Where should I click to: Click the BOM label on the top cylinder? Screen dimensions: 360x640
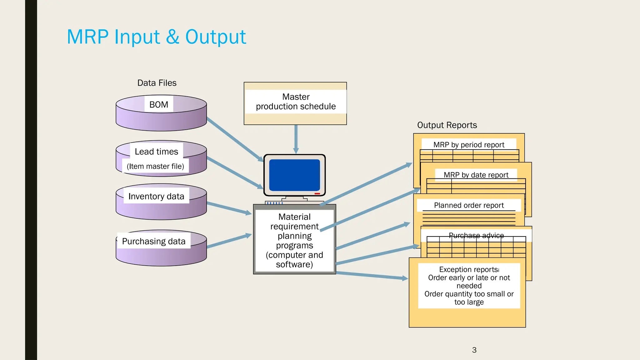[159, 105]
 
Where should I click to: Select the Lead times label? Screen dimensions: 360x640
[156, 152]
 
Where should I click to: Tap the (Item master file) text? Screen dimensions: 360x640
[155, 166]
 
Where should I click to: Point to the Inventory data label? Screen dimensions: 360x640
[156, 196]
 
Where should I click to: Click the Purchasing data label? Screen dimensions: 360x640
[154, 241]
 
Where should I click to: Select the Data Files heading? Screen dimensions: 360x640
[157, 83]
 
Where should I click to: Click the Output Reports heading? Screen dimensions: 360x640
[447, 125]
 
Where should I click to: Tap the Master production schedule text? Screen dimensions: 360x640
[296, 102]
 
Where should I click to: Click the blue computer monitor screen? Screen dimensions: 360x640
[294, 175]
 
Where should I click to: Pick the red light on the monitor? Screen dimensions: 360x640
[317, 194]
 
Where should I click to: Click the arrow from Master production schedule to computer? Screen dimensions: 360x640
[296, 139]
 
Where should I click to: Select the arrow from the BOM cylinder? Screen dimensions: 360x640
[234, 139]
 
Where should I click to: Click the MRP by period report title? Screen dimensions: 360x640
[469, 145]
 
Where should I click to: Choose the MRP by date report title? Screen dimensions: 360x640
[476, 175]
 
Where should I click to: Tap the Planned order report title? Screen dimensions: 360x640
[469, 205]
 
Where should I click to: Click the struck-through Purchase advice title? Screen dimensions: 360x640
[476, 235]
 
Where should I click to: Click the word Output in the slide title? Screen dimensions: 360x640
[215, 37]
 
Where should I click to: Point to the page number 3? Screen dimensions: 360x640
[474, 350]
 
